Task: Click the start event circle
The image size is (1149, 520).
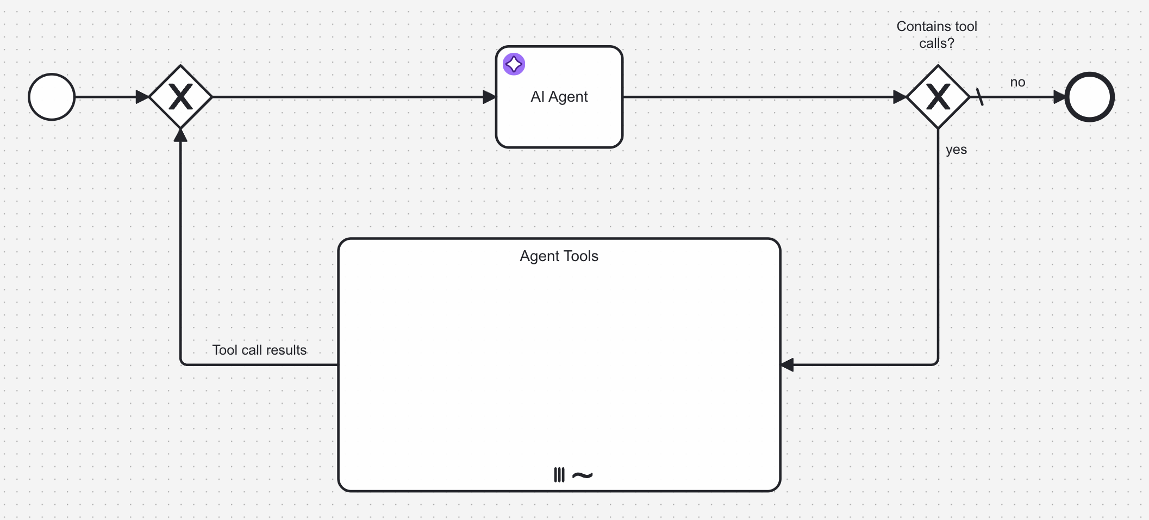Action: click(x=52, y=97)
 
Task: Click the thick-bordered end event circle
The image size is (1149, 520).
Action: click(x=1089, y=97)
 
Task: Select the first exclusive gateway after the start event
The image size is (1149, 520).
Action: click(x=180, y=97)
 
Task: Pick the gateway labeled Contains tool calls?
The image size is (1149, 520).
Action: click(x=938, y=97)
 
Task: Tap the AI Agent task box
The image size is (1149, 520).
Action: click(x=559, y=120)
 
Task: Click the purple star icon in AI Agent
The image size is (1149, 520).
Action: click(x=514, y=64)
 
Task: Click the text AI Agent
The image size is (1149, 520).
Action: click(x=559, y=97)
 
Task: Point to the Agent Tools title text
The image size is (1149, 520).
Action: click(x=559, y=256)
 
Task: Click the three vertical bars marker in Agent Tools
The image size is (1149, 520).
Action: click(x=559, y=475)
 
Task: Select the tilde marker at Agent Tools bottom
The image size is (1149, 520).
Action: click(x=582, y=475)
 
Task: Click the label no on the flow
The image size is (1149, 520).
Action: click(x=1017, y=83)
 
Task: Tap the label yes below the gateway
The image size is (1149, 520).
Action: click(x=956, y=150)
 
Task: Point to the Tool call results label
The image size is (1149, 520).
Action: click(x=259, y=350)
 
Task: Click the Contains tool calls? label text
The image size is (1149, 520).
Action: click(x=936, y=35)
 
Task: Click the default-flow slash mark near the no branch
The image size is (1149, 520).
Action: click(x=979, y=97)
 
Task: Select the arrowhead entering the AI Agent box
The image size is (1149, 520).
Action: click(x=489, y=97)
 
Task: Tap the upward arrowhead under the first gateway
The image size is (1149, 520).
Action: click(x=180, y=135)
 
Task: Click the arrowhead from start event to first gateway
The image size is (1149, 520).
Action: click(x=142, y=97)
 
